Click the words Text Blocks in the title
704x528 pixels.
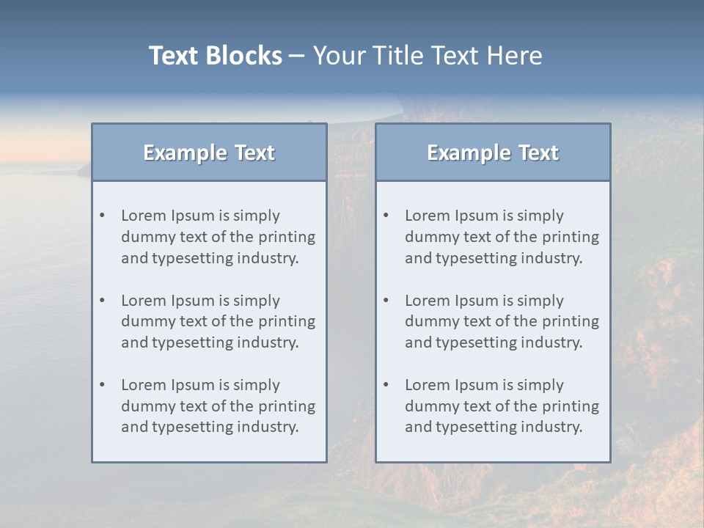215,56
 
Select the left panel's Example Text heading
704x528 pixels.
209,153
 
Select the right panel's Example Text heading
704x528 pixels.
493,153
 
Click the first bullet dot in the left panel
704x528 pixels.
103,216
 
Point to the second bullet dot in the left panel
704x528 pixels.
103,301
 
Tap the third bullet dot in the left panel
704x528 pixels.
103,385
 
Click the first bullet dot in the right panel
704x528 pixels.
386,216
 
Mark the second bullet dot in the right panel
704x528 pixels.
386,301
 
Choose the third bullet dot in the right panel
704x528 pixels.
386,385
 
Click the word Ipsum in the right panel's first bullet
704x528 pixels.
477,216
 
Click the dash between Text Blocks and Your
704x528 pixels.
297,56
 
